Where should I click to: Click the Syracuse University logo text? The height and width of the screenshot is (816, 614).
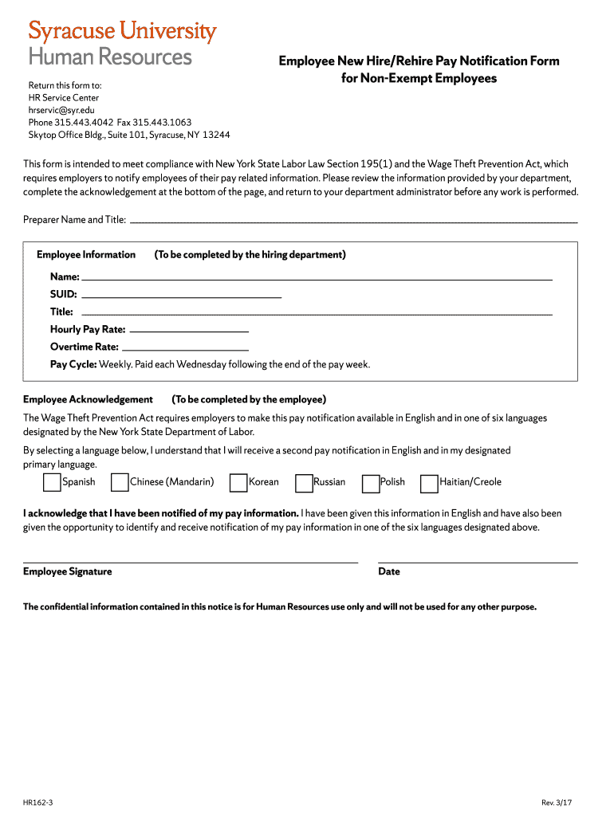coord(122,32)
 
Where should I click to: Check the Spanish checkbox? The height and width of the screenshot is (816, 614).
coord(51,482)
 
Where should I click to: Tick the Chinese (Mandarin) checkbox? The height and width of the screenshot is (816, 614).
coord(120,482)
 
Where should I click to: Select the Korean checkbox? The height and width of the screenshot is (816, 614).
coord(238,482)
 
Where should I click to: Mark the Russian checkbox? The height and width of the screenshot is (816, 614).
coord(303,482)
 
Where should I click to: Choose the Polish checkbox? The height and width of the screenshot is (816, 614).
coord(370,482)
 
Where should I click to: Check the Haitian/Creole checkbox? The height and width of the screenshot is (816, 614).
coord(429,482)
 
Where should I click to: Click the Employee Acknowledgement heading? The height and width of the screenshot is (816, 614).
coord(88,399)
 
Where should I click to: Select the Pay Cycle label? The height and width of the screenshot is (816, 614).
coord(73,364)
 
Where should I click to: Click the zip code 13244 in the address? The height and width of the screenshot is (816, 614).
coord(215,135)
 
